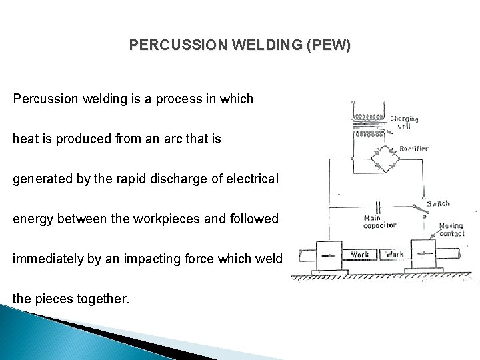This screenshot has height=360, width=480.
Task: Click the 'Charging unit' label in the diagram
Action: (405, 122)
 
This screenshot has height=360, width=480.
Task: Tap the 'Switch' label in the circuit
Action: (439, 203)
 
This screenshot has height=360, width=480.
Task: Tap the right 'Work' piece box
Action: (395, 254)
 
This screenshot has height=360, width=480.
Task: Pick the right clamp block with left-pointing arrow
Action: (425, 254)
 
